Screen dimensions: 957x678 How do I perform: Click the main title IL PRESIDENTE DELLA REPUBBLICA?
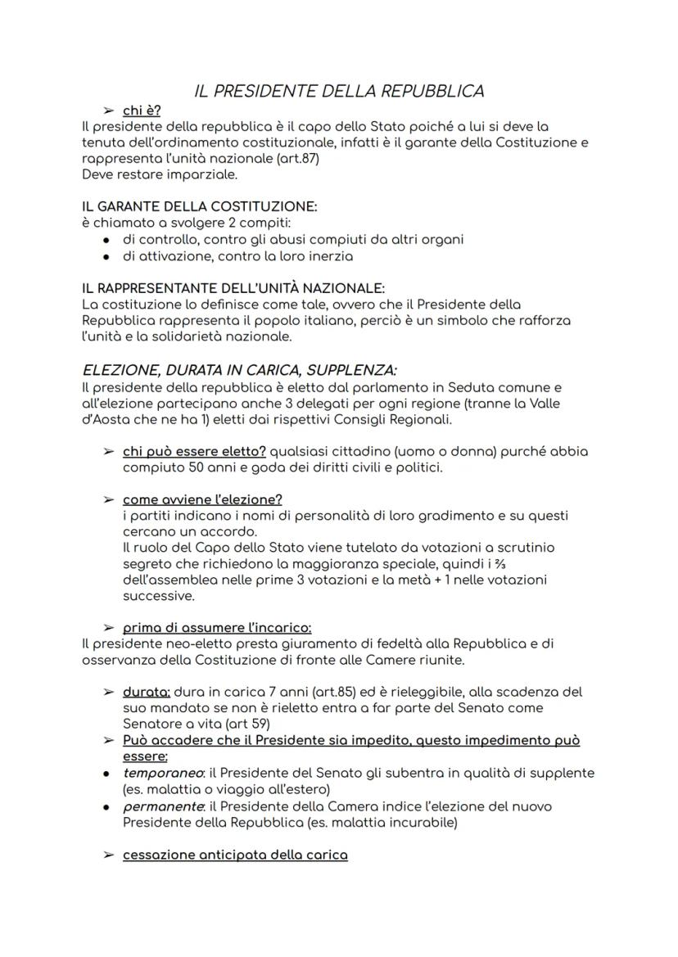click(339, 91)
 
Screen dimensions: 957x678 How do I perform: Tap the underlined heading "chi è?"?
click(141, 111)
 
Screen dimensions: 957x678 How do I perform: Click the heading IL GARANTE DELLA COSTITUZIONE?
click(199, 207)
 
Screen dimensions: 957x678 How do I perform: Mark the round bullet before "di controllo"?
click(107, 240)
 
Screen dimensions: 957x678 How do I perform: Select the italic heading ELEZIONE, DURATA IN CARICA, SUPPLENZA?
click(240, 370)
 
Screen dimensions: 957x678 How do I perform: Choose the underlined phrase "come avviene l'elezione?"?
click(202, 499)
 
